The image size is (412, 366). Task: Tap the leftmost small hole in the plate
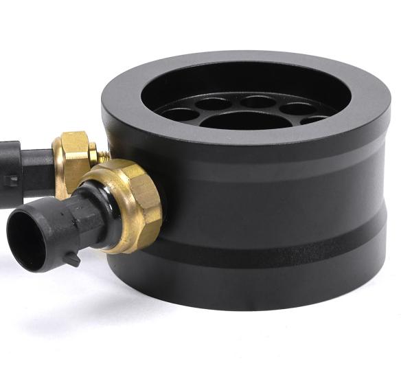click(179, 113)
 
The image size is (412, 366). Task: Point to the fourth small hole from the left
click(297, 108)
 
